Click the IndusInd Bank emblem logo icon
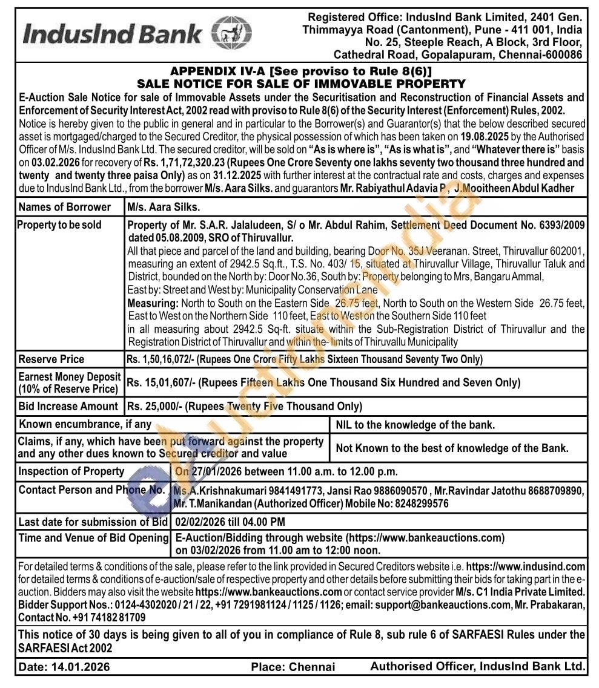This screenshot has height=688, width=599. pos(231,33)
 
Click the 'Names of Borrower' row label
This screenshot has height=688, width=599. pos(64,207)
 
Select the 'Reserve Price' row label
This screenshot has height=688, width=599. pos(51,359)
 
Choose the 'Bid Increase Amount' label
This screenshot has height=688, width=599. pos(68,406)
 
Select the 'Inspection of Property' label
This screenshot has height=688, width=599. pos(71,471)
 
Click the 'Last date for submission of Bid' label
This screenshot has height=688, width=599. pos(93,522)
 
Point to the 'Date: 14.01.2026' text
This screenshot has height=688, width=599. pos(64,667)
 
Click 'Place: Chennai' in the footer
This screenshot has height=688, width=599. pos(293,667)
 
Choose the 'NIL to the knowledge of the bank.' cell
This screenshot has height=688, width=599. pos(415,424)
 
